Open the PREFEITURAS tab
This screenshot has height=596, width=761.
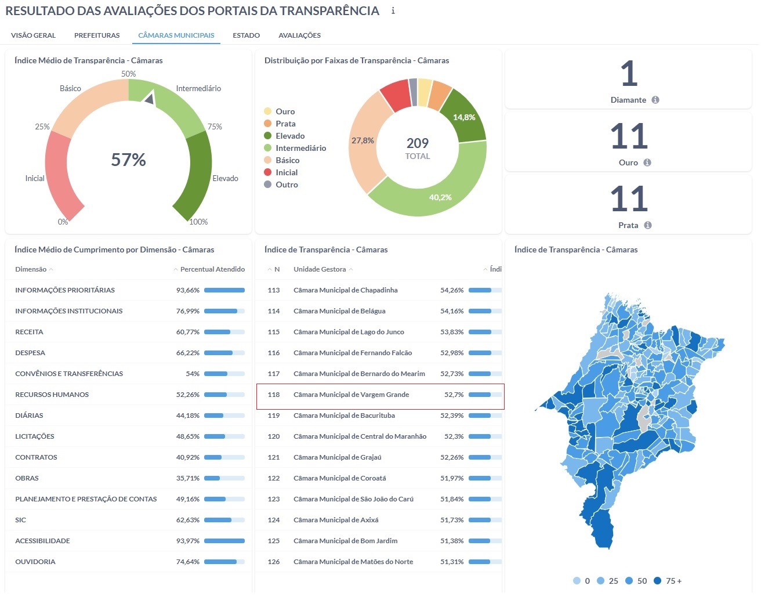tap(97, 35)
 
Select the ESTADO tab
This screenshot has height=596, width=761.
tap(246, 35)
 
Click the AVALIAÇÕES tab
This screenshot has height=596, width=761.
tap(299, 35)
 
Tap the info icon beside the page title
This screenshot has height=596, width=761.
tap(393, 11)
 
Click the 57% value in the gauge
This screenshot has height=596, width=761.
tap(128, 160)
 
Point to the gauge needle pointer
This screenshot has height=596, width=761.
tap(150, 97)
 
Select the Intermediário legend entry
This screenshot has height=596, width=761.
tap(300, 148)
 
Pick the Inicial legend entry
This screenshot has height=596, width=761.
tap(287, 172)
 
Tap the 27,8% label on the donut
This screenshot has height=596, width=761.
tap(363, 140)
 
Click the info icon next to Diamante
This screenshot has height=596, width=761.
tap(655, 100)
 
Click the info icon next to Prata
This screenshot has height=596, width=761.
tap(648, 225)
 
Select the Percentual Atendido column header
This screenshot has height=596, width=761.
tap(212, 269)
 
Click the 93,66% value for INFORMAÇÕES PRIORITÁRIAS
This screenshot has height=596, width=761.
tap(187, 290)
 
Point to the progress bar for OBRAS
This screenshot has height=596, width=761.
tap(224, 478)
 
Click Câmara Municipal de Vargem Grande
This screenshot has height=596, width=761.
tap(351, 395)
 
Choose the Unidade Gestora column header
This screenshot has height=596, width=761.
tap(320, 269)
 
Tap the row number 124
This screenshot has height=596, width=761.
tap(274, 520)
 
